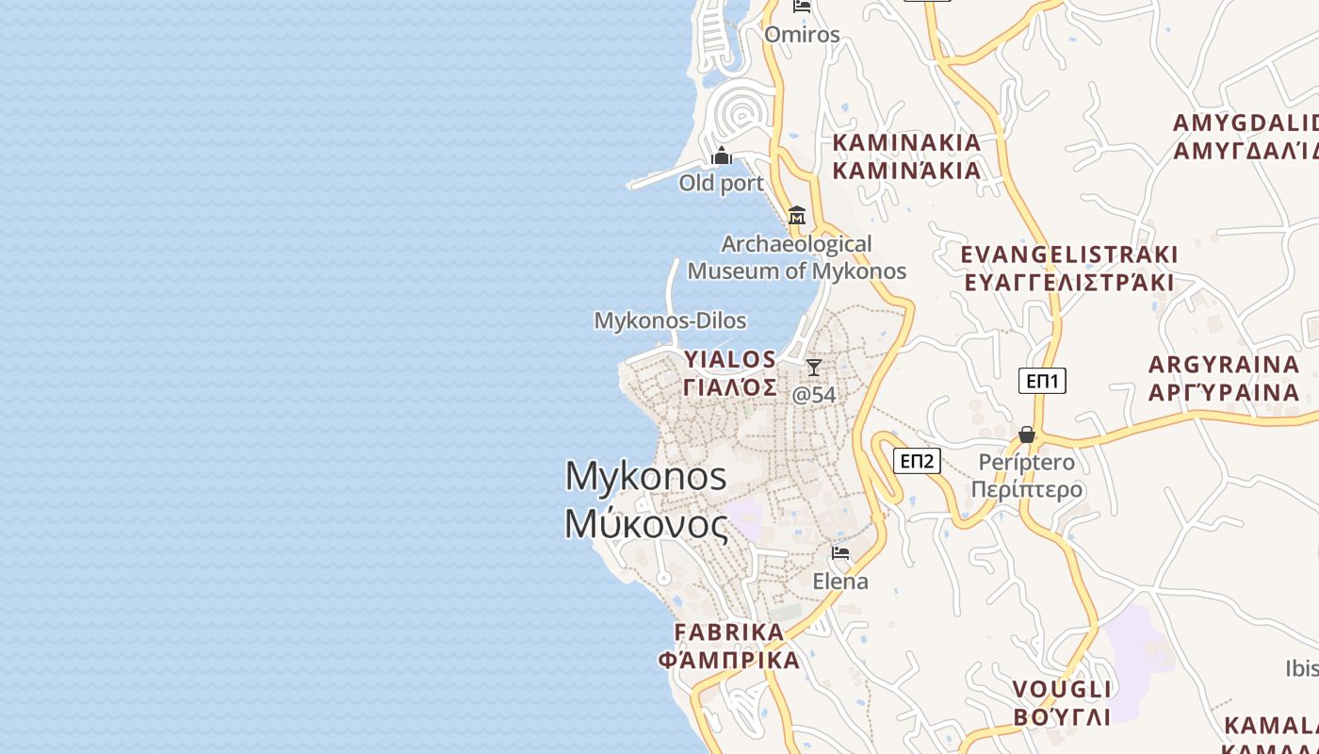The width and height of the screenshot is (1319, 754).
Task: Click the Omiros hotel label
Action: [x=802, y=35]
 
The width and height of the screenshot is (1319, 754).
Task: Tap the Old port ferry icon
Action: [x=722, y=156]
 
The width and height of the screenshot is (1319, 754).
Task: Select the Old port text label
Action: [x=722, y=183]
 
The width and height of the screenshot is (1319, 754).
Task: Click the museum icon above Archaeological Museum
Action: [x=797, y=215]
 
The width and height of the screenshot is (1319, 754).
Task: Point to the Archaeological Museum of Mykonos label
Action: [x=797, y=257]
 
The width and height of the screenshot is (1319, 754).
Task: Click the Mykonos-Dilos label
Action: [x=670, y=320]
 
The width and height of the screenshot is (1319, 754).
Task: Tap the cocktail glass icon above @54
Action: [x=814, y=368]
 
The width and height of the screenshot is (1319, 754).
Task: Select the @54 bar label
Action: [x=814, y=394]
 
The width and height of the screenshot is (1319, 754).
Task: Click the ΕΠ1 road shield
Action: [x=1042, y=381]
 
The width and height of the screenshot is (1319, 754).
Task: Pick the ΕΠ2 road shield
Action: [x=917, y=461]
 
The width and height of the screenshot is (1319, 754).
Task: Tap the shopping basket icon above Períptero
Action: [x=1027, y=434]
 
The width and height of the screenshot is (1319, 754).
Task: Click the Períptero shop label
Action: [x=1027, y=476]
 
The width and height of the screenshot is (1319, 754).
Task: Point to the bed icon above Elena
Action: [x=840, y=553]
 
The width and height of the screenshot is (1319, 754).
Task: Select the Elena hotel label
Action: [x=840, y=581]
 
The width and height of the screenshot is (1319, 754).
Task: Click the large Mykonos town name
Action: [x=646, y=500]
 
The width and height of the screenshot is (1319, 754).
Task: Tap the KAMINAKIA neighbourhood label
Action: [x=906, y=156]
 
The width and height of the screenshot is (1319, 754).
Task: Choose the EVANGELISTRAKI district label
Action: [x=1068, y=269]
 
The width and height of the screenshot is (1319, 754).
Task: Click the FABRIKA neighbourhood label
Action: [x=730, y=646]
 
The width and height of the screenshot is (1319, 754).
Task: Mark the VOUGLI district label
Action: [x=1062, y=702]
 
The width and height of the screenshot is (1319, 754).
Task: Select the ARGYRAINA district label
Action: [x=1224, y=378]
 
